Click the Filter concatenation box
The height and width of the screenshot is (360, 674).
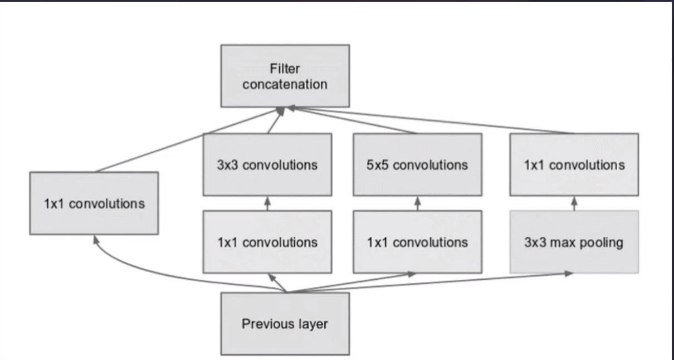click(x=285, y=76)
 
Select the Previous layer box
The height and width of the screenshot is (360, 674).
click(x=285, y=324)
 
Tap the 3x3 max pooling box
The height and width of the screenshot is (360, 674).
click(x=574, y=242)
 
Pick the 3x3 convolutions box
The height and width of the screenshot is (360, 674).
click(x=267, y=164)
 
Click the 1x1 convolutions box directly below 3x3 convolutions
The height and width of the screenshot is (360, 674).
click(x=267, y=242)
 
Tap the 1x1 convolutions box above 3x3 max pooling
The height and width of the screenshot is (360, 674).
click(x=574, y=164)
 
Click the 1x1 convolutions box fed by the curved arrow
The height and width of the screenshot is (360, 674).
click(x=94, y=203)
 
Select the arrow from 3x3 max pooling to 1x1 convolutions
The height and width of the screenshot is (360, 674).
click(x=574, y=203)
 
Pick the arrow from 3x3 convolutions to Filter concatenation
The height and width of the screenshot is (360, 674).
click(x=275, y=121)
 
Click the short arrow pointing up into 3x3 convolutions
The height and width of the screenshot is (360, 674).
click(x=267, y=203)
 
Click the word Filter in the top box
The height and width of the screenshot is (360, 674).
click(x=285, y=69)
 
